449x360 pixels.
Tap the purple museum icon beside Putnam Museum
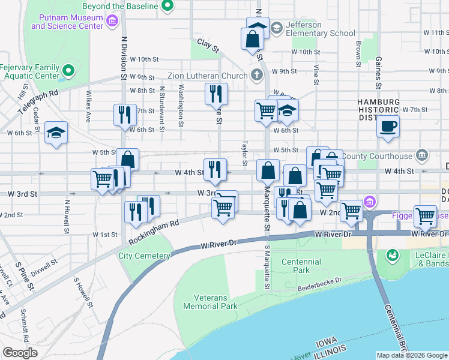[x=112, y=22]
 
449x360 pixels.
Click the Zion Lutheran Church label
[x=208, y=76]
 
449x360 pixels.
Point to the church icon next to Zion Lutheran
[x=257, y=76]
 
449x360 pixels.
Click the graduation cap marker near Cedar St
[x=56, y=133]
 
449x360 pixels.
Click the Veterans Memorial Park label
[x=215, y=302]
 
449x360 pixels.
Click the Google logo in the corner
[x=20, y=353]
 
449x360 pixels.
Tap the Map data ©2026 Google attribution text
[x=412, y=355]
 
